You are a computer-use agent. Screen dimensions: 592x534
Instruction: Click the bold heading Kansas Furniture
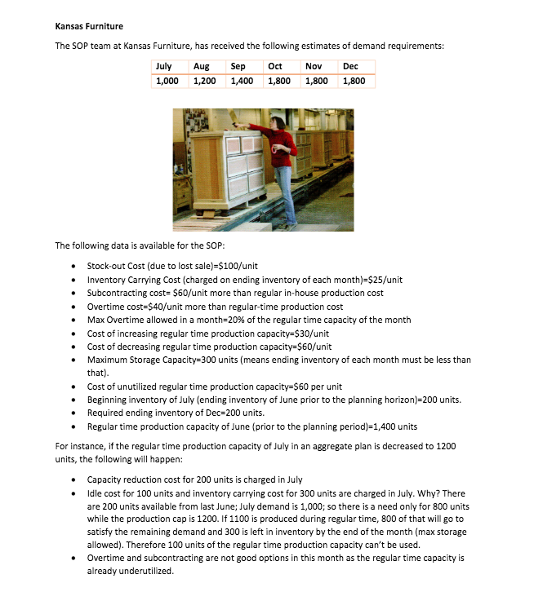89,27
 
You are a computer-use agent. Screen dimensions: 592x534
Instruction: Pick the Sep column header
238,66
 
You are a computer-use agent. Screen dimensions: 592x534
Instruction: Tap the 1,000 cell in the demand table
168,81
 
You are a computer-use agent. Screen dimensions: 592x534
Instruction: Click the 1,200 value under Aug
204,81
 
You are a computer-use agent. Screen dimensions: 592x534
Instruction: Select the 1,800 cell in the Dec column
354,81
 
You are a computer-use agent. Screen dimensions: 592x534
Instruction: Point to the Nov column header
313,66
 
